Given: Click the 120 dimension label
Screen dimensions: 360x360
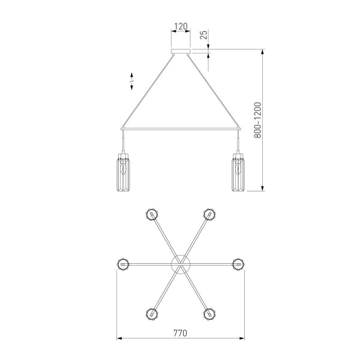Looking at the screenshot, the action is [x=181, y=26].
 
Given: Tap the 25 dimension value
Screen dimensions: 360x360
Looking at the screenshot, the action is [x=203, y=34].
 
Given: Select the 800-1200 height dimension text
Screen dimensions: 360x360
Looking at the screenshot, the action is [x=257, y=120].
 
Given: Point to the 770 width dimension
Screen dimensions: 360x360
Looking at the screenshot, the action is [x=180, y=333].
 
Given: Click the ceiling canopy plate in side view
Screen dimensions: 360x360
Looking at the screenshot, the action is [x=181, y=51].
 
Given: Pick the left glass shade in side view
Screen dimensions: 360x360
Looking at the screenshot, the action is [x=123, y=172].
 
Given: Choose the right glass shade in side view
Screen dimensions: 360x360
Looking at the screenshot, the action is [x=238, y=172].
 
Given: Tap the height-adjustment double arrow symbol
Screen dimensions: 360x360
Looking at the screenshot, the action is [x=132, y=81].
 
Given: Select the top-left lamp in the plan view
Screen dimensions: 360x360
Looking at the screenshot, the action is [x=152, y=214].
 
